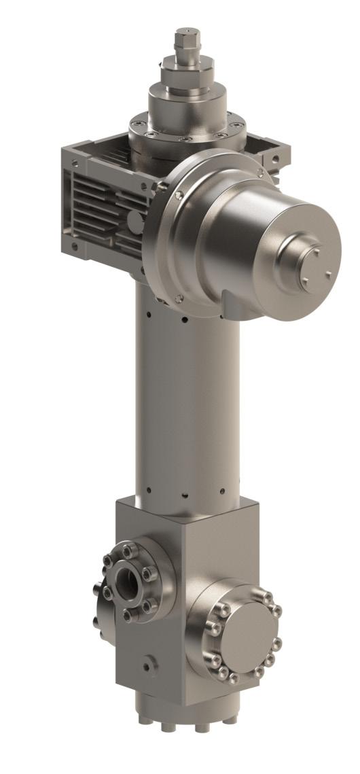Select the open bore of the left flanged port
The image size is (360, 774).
point(127,581)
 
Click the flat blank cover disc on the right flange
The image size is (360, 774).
point(245,635)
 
